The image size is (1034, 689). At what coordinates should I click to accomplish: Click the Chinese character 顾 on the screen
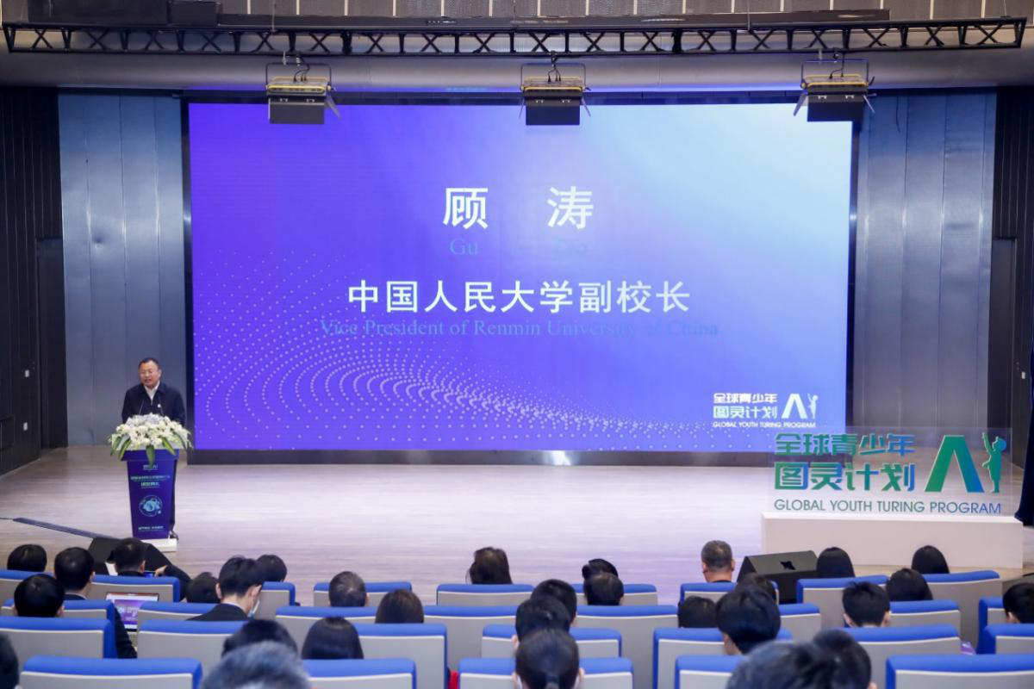point(465,208)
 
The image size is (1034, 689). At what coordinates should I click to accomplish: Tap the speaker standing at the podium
point(153,392)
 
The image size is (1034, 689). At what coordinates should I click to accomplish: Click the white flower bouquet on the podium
point(149,432)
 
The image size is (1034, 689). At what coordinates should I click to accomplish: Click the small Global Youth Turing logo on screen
point(764,411)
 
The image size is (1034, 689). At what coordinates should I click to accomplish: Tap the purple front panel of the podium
point(151,493)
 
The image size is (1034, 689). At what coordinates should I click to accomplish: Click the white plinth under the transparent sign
point(891,539)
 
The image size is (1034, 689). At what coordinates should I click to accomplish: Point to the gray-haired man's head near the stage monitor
point(717,557)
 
